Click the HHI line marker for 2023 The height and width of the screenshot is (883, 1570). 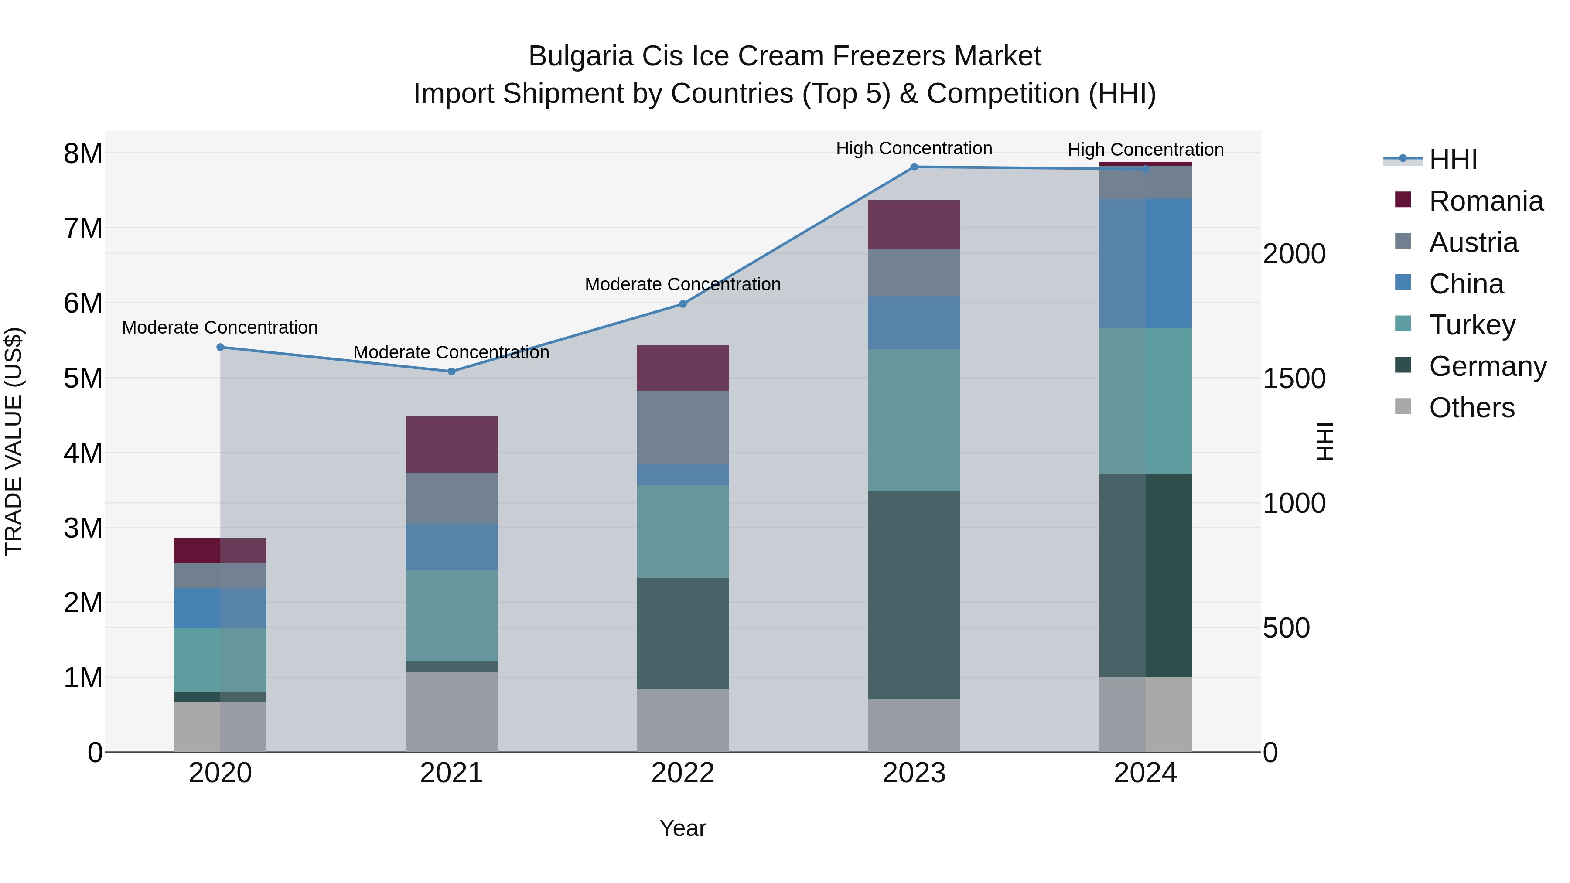(914, 167)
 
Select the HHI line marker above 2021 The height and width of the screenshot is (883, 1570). (452, 371)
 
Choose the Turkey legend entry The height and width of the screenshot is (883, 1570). (1471, 325)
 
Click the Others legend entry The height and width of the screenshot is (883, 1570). (1471, 408)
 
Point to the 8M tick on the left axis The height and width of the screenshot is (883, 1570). (83, 153)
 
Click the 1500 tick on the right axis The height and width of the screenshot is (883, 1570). (1294, 379)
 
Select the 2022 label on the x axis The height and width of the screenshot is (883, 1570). (683, 773)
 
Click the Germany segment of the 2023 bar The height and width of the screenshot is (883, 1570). (914, 595)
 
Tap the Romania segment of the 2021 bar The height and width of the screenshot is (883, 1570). (452, 444)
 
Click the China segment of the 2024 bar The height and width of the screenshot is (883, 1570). (1145, 263)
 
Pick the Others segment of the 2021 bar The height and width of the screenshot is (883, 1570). (452, 711)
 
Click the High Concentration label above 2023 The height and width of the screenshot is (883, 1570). (914, 148)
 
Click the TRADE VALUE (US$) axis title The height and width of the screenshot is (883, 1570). (14, 441)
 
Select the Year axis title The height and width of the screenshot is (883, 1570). (683, 828)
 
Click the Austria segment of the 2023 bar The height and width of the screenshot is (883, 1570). (914, 273)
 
